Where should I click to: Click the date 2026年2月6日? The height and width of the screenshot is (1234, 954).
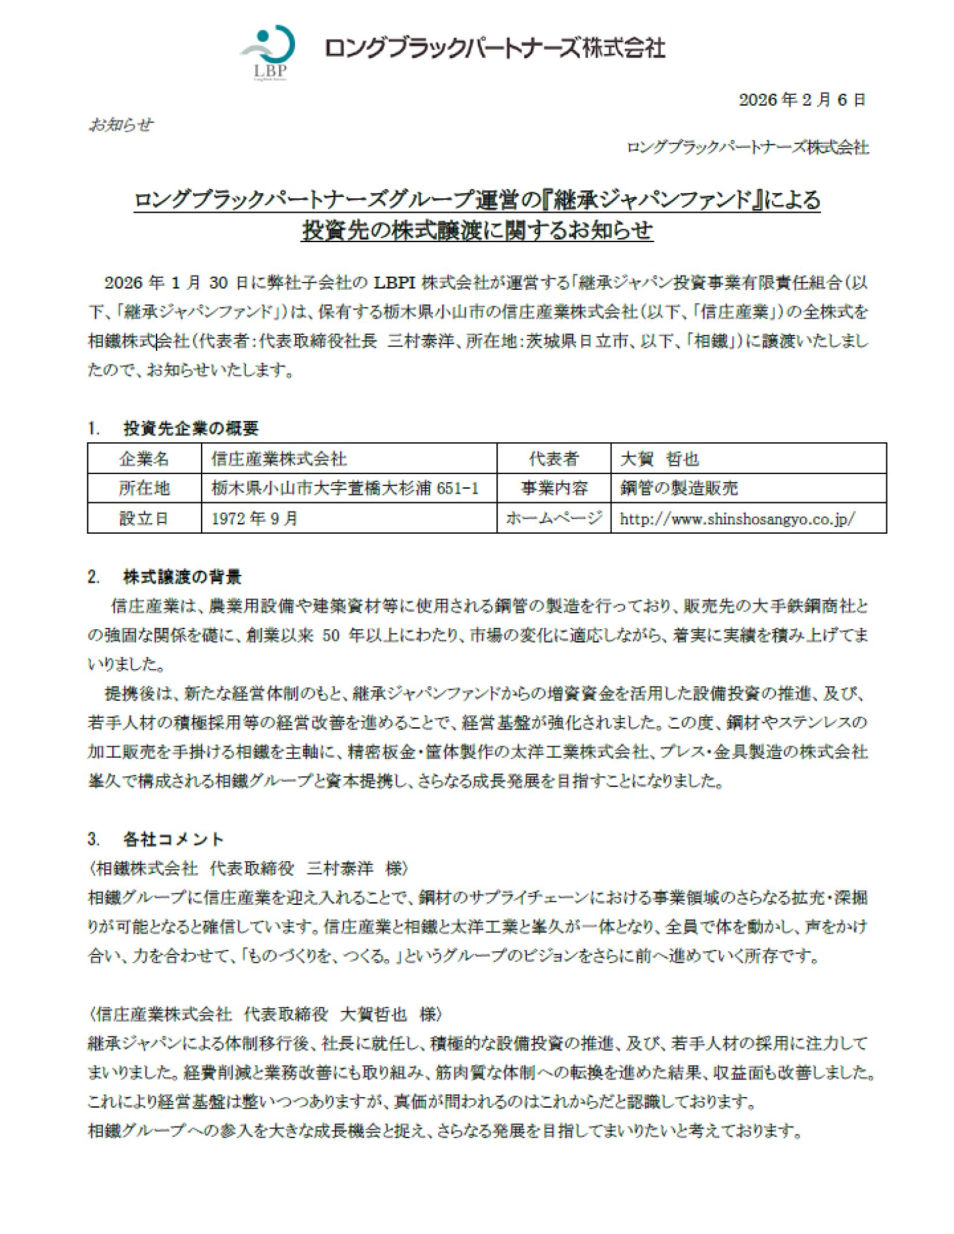click(802, 100)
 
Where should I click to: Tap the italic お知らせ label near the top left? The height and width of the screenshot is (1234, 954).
click(121, 125)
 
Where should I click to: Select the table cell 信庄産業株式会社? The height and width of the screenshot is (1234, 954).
click(279, 459)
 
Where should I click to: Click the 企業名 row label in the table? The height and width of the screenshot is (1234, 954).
click(144, 459)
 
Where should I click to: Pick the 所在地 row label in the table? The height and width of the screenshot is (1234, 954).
click(144, 488)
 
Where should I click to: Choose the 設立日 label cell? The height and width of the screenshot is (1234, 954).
click(144, 518)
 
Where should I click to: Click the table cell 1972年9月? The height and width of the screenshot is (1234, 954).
click(254, 518)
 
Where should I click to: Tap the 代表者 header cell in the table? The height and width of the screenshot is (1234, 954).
click(553, 459)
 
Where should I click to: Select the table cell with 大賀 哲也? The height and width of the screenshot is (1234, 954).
click(659, 459)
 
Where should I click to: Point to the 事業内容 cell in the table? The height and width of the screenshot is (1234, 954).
click(553, 488)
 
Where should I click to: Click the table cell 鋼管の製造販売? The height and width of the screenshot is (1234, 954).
click(679, 488)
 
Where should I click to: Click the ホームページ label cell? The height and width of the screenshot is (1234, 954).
click(553, 518)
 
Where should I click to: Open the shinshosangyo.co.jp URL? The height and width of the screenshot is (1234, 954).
click(737, 519)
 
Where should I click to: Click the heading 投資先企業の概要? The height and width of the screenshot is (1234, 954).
click(190, 428)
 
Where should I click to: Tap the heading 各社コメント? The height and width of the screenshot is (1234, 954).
click(173, 839)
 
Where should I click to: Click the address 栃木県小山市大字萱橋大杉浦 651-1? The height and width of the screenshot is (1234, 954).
click(345, 488)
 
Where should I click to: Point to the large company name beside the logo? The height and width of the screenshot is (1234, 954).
click(495, 48)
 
